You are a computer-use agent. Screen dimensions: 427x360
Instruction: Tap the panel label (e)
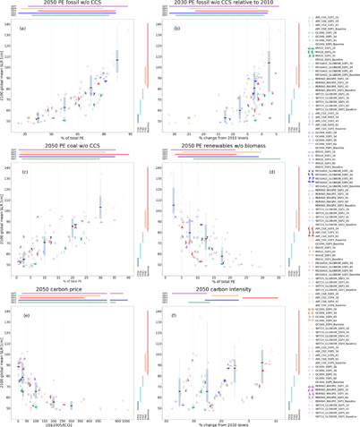point(22,315)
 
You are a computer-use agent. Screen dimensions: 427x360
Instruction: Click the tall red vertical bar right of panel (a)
point(145,54)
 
